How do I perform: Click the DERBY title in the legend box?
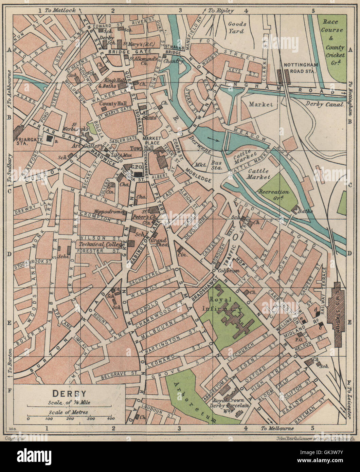69,394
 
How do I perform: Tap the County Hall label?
113,104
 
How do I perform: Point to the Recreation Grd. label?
274,194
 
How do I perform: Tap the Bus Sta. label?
216,165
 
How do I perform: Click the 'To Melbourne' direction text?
277,429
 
